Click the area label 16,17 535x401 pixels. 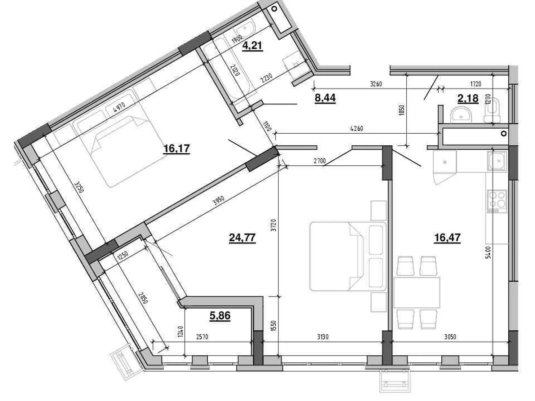click(177, 148)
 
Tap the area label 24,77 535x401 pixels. click(242, 237)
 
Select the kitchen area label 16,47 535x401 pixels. click(447, 237)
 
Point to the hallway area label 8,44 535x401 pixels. click(325, 98)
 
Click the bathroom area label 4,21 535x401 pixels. click(252, 45)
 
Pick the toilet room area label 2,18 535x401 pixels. click(468, 98)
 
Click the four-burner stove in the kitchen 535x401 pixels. click(497, 201)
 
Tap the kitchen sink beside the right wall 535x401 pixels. click(497, 161)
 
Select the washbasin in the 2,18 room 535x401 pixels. click(461, 115)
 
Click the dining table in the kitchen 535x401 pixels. click(417, 292)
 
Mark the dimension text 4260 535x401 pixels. click(356, 128)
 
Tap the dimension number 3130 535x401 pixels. click(323, 337)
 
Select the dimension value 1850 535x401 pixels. click(402, 110)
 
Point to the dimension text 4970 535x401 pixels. click(119, 107)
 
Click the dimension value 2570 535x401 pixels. click(202, 337)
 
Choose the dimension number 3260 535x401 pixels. click(376, 84)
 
